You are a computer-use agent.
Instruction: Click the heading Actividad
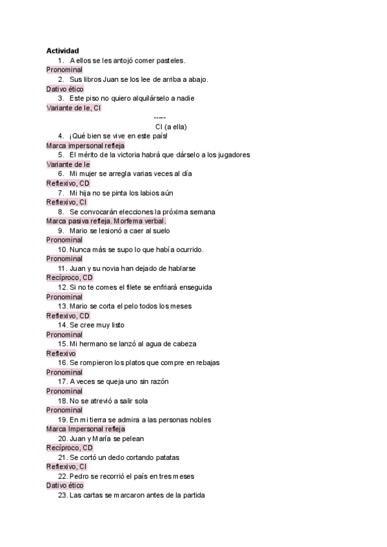tap(63, 51)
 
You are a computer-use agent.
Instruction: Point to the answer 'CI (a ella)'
tap(171, 126)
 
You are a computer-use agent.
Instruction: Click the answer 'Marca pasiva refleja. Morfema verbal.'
tap(106, 221)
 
